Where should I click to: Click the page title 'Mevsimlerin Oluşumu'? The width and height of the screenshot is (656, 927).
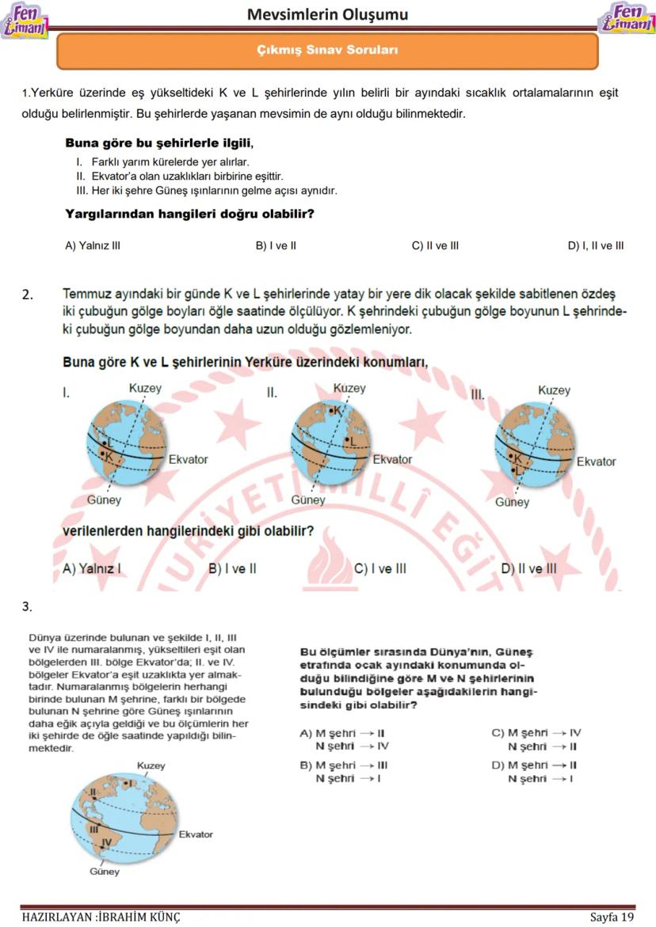click(x=327, y=14)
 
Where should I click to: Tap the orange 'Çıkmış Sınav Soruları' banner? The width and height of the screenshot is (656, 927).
click(x=327, y=50)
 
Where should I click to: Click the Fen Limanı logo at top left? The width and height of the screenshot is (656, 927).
click(x=25, y=20)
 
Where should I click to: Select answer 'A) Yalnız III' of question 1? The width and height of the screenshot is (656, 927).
click(x=93, y=245)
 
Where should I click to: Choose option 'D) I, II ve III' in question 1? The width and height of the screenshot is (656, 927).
click(x=595, y=245)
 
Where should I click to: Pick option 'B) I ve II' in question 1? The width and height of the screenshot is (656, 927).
click(x=276, y=245)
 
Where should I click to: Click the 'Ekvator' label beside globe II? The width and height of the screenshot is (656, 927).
click(x=392, y=459)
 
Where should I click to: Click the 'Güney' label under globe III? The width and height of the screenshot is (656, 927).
click(x=512, y=502)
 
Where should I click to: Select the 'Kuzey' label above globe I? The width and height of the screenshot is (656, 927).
click(x=145, y=388)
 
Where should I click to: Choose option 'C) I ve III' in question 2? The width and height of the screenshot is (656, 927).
click(x=379, y=568)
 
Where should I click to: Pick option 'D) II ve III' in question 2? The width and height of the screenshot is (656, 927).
click(x=528, y=568)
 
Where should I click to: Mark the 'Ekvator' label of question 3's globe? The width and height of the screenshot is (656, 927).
click(x=195, y=834)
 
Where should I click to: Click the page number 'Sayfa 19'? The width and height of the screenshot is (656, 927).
click(x=612, y=918)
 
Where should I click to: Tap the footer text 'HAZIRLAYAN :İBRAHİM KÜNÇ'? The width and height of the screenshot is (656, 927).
click(x=101, y=918)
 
